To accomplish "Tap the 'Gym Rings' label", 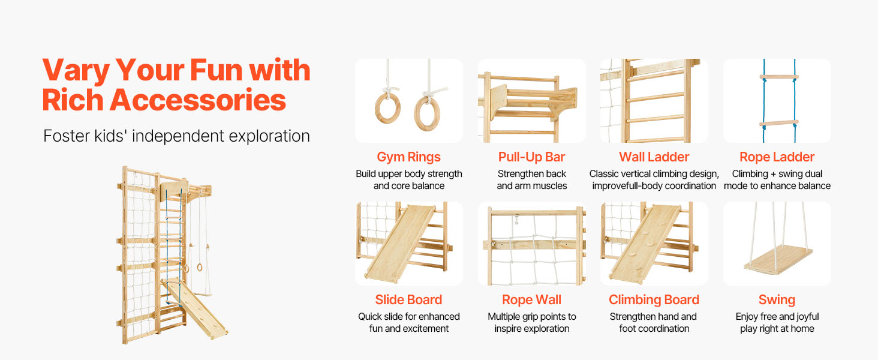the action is pyautogui.click(x=408, y=157).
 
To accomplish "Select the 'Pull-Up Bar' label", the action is pyautogui.click(x=531, y=157).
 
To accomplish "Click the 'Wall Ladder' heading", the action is pyautogui.click(x=654, y=157).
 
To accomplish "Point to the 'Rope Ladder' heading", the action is pyautogui.click(x=777, y=157).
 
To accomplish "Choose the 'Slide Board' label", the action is pyautogui.click(x=408, y=299).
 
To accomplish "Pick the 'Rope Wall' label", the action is pyautogui.click(x=531, y=299).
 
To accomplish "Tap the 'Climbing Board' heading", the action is pyautogui.click(x=654, y=299).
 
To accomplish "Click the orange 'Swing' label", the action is pyautogui.click(x=777, y=300).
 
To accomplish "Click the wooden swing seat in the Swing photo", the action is pyautogui.click(x=778, y=260).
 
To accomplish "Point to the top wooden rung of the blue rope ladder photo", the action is pyautogui.click(x=779, y=77).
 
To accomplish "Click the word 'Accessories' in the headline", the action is pyautogui.click(x=197, y=100).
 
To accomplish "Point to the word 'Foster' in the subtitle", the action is pyautogui.click(x=65, y=136).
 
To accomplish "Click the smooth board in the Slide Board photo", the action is pyautogui.click(x=400, y=243).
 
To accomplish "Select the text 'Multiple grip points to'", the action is pyautogui.click(x=532, y=316).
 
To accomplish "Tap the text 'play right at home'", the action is pyautogui.click(x=777, y=329).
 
